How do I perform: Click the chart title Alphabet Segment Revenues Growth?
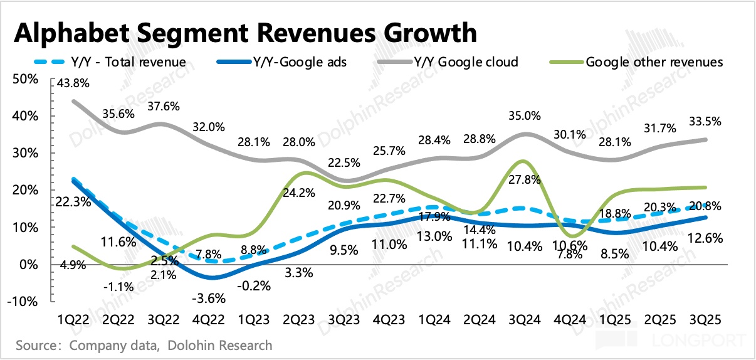point(245,33)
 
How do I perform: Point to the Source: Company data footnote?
point(144,346)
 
